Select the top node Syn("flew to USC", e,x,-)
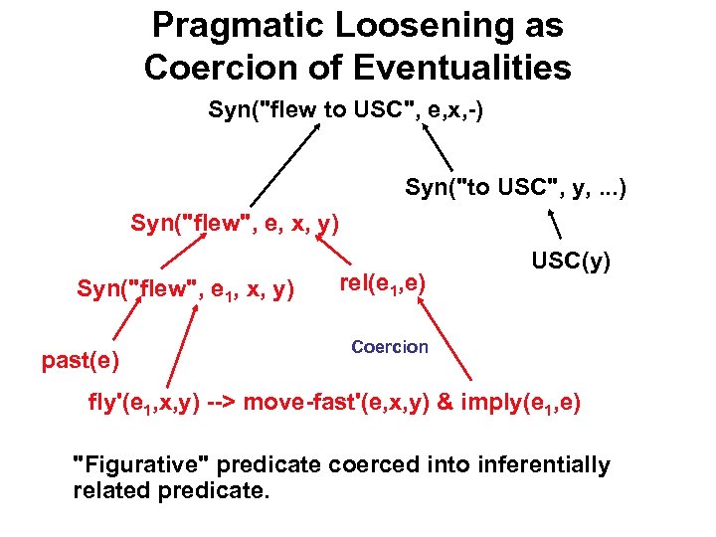pos(346,108)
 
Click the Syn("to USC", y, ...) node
pos(515,186)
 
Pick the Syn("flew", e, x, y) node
pos(236,224)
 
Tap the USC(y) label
pos(571,262)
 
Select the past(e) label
pos(81,360)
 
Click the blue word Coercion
pos(390,347)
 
